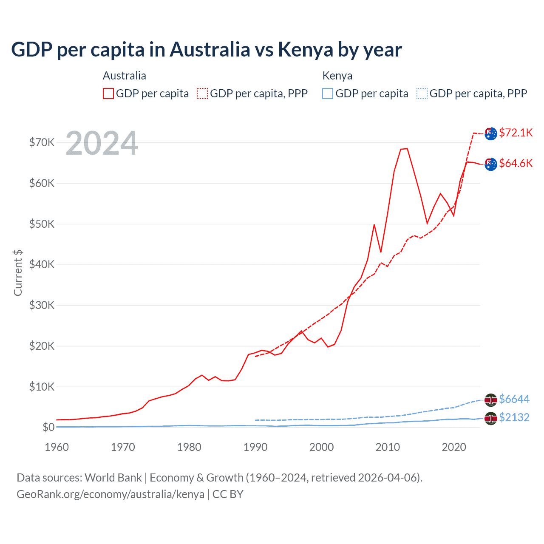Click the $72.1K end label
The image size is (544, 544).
click(x=516, y=133)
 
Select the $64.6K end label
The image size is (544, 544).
click(x=516, y=163)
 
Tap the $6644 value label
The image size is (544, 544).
click(x=514, y=399)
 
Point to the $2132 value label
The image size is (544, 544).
click(x=514, y=417)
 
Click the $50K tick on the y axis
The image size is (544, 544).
click(x=42, y=224)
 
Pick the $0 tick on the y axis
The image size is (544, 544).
click(x=48, y=427)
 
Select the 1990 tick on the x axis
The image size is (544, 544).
click(x=255, y=447)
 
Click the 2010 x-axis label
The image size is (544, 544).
click(x=388, y=447)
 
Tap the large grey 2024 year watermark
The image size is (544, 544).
click(x=102, y=143)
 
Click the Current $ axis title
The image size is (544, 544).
click(x=18, y=273)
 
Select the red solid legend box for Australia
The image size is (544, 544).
click(x=108, y=93)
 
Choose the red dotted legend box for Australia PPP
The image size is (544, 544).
click(x=202, y=93)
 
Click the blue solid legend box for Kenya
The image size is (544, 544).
click(x=328, y=93)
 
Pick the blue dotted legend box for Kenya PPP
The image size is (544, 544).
click(x=422, y=93)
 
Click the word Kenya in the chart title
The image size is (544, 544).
click(x=305, y=49)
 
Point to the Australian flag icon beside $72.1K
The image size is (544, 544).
click(x=491, y=133)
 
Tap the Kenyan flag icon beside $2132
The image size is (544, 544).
click(x=491, y=418)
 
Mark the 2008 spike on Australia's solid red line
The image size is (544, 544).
click(x=374, y=224)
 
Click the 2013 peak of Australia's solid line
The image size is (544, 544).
click(x=407, y=148)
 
